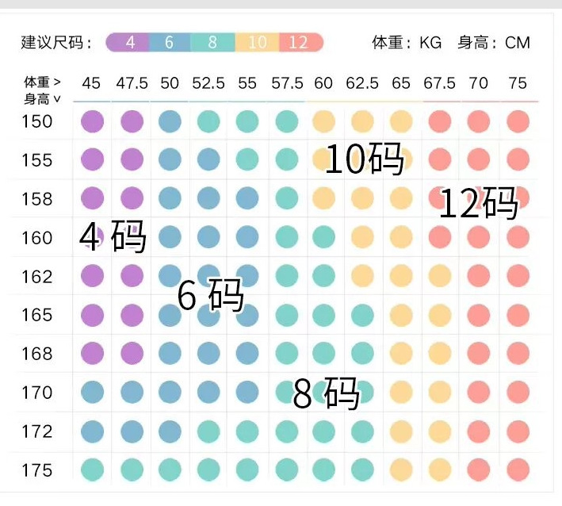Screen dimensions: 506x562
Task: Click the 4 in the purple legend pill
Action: coord(130,43)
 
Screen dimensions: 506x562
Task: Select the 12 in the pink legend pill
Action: coord(298,43)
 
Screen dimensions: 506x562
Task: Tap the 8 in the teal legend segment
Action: coord(212,43)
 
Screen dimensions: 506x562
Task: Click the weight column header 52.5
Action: coord(208,83)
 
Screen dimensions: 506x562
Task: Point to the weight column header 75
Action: coord(517,83)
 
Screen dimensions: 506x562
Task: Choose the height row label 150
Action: coord(36,121)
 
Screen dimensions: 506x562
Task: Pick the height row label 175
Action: coord(36,470)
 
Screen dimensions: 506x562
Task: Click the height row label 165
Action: coord(36,315)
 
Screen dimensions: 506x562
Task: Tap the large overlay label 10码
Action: coord(365,160)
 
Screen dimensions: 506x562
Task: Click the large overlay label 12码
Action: coord(478,204)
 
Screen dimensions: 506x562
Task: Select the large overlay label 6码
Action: coord(210,297)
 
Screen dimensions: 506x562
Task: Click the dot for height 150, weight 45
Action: coord(93,121)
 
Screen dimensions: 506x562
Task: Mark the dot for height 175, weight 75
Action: coord(518,470)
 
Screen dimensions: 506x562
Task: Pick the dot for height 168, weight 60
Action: coord(323,353)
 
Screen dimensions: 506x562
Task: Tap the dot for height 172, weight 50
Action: coord(170,431)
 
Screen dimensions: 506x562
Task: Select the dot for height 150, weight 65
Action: coord(401,121)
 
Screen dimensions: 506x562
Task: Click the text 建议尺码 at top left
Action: coord(52,43)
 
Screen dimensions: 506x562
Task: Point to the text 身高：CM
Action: coord(493,43)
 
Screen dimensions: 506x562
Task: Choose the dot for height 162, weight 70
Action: coord(478,276)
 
